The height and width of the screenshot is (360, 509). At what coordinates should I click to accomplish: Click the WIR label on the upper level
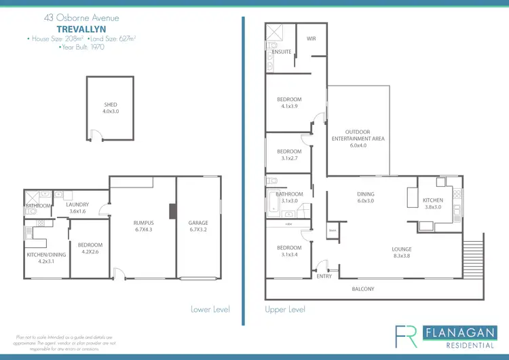(x=312, y=38)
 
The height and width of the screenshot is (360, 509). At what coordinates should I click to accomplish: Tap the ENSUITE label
(x=282, y=52)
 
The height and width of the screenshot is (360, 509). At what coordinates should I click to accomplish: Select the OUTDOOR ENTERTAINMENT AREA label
(x=358, y=134)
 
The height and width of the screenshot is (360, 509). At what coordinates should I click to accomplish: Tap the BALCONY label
(x=362, y=289)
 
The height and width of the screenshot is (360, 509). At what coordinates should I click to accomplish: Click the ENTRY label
(x=324, y=276)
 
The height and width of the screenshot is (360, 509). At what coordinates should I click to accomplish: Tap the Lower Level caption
(x=210, y=309)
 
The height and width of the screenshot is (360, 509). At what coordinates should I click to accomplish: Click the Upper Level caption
(x=284, y=309)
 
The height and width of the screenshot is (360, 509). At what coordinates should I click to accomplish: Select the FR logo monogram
(x=407, y=336)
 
